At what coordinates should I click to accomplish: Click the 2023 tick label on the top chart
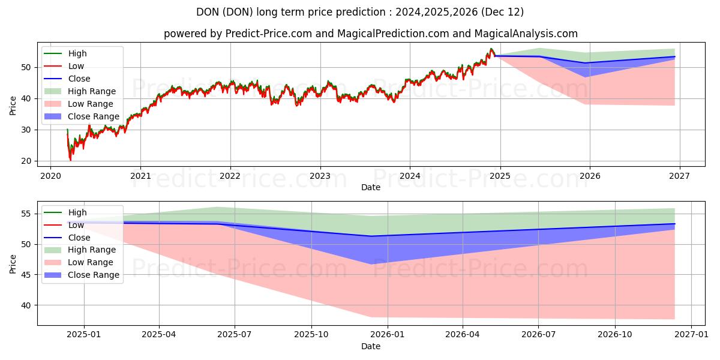click(320, 176)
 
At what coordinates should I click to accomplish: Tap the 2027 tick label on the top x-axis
click(679, 176)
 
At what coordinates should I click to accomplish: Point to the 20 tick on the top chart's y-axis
click(26, 161)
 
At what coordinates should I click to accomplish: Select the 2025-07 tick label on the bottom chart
click(235, 335)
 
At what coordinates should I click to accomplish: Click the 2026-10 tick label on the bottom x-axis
click(615, 335)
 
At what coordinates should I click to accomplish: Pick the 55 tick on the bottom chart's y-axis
click(26, 214)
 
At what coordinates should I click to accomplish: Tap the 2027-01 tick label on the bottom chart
click(691, 335)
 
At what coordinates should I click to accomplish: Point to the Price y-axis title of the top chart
click(13, 106)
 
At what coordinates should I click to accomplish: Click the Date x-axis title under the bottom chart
click(371, 346)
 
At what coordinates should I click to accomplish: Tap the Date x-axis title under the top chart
click(371, 187)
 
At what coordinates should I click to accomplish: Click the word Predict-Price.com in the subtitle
click(268, 34)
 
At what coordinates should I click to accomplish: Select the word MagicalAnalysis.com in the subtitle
click(526, 34)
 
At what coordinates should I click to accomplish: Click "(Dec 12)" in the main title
click(502, 12)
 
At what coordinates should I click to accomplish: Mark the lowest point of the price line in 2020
click(70, 160)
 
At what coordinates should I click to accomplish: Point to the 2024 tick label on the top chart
click(410, 176)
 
